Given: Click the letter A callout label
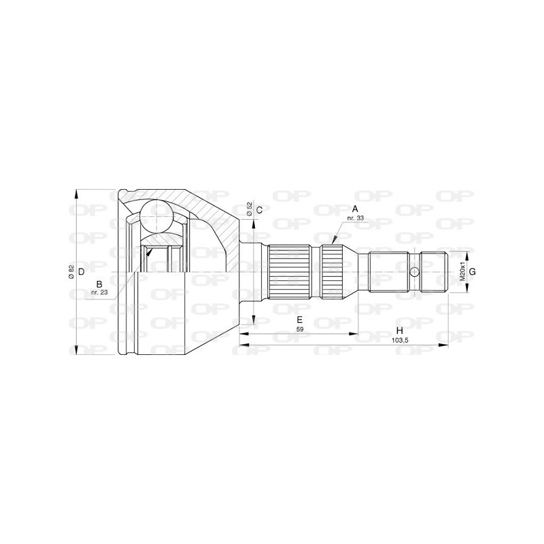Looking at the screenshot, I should pyautogui.click(x=354, y=209).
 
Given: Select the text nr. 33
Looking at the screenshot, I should pyautogui.click(x=354, y=218).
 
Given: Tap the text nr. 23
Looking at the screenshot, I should pyautogui.click(x=99, y=292).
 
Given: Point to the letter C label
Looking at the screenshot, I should pyautogui.click(x=259, y=209).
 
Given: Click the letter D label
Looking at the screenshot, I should pyautogui.click(x=81, y=272).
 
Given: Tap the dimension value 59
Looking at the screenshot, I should pyautogui.click(x=299, y=330).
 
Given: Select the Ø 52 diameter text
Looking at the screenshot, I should pyautogui.click(x=250, y=209).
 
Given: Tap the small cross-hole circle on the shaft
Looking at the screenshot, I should pyautogui.click(x=415, y=272).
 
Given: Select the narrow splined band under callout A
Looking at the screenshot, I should pyautogui.click(x=332, y=272).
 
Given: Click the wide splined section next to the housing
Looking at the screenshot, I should pyautogui.click(x=289, y=272).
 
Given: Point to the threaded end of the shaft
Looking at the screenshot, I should pyautogui.click(x=433, y=272).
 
